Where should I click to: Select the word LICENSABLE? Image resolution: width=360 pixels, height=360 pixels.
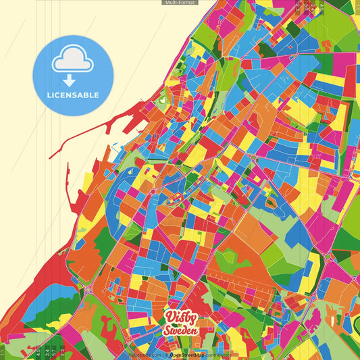point(72,95)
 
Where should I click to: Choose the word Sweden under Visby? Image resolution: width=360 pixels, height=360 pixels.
point(180,332)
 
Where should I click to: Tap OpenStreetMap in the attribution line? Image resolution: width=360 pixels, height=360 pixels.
point(186,353)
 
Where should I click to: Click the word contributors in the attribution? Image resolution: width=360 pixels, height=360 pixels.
point(218,353)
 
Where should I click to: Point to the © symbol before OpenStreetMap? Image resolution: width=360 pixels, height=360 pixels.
point(166,353)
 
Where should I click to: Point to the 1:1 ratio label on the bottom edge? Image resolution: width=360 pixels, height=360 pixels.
point(3,352)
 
